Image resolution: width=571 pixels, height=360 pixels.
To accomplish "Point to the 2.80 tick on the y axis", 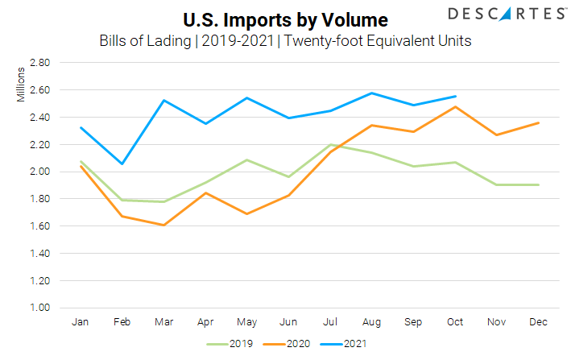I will (x=39, y=63).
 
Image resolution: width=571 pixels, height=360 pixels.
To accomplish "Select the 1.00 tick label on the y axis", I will (x=39, y=308).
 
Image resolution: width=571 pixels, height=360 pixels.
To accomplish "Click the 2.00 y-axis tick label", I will (x=39, y=172).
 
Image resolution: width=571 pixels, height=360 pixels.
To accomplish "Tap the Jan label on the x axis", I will (x=81, y=322).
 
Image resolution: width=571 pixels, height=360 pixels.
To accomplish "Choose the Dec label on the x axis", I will (x=539, y=322).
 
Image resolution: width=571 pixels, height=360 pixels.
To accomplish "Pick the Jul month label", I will (x=330, y=322).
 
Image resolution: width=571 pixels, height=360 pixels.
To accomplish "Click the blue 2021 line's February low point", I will (x=122, y=164).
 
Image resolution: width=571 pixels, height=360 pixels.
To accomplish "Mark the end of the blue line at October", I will (x=456, y=97).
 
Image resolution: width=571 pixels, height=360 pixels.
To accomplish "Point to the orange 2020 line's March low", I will (x=163, y=226).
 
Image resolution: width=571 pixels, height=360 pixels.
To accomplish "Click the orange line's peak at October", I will (x=456, y=107).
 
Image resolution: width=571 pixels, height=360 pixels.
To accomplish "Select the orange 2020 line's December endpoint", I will (x=539, y=122).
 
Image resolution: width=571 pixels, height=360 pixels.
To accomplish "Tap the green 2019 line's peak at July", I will (x=330, y=145).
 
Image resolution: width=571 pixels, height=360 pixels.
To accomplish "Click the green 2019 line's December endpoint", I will (x=539, y=184).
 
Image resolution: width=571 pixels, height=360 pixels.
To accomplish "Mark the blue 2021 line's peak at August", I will (x=372, y=93).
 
